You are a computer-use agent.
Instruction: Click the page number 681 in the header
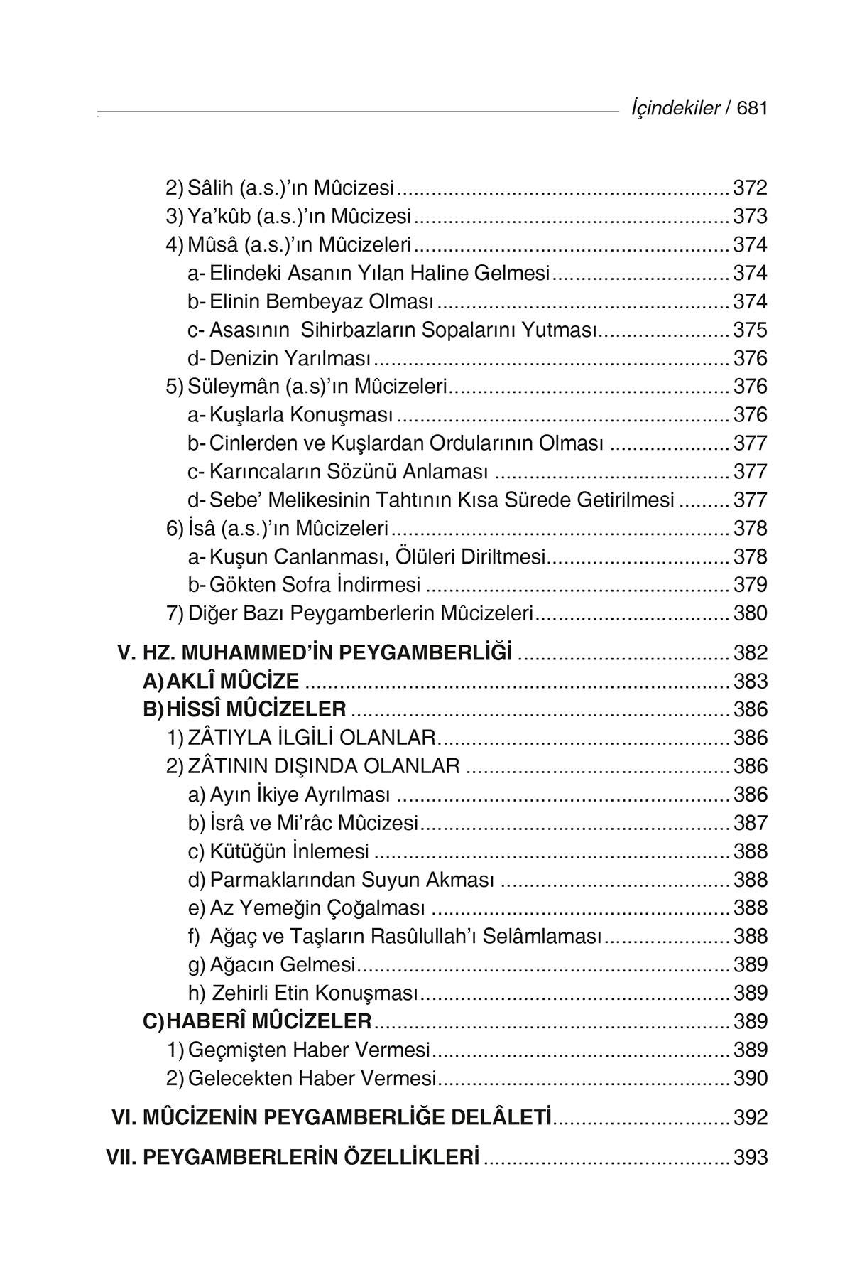click(753, 109)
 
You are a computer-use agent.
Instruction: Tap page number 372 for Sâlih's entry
click(750, 188)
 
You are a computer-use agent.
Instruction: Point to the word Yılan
click(384, 274)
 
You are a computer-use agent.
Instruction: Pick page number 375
click(750, 330)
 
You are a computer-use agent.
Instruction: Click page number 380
click(750, 613)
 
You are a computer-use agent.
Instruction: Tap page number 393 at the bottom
click(750, 1158)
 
